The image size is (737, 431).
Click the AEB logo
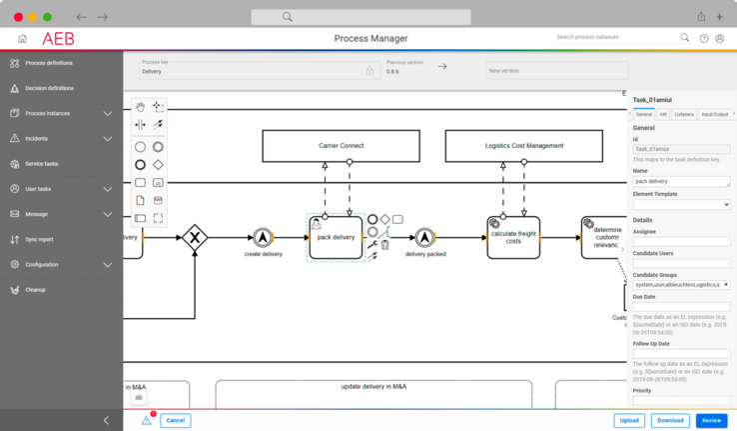(x=57, y=39)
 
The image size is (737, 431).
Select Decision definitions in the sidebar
(x=49, y=88)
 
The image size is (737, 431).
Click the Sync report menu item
(x=39, y=240)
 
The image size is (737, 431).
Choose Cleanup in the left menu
(x=35, y=290)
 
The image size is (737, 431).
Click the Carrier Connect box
(x=342, y=146)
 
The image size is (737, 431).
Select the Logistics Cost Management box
(x=523, y=146)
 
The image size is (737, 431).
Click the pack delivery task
(x=336, y=238)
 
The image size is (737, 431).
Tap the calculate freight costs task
(x=513, y=238)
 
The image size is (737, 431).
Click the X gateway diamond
(x=195, y=237)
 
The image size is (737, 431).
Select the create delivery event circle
(x=263, y=237)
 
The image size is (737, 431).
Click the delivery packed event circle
(x=425, y=237)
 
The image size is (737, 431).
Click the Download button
(x=669, y=420)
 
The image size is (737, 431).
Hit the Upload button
(x=629, y=420)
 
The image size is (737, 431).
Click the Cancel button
(x=176, y=420)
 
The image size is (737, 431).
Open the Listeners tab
(x=684, y=115)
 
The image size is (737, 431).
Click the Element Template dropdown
(x=681, y=205)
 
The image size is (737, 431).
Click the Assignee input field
(x=681, y=242)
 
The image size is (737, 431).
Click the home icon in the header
(x=22, y=39)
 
